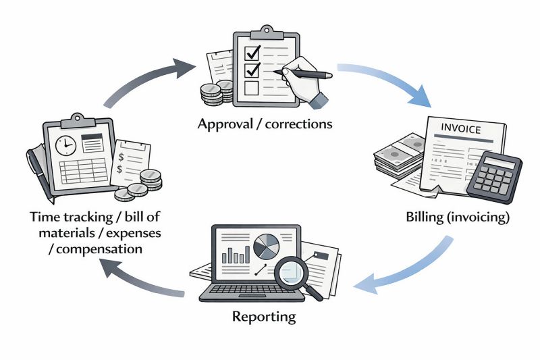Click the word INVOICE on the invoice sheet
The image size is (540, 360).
point(462,127)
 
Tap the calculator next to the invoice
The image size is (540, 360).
point(497,176)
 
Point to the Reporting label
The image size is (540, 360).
point(264,315)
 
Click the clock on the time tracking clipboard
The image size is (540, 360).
point(65,145)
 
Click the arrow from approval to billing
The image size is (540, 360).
point(385,80)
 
